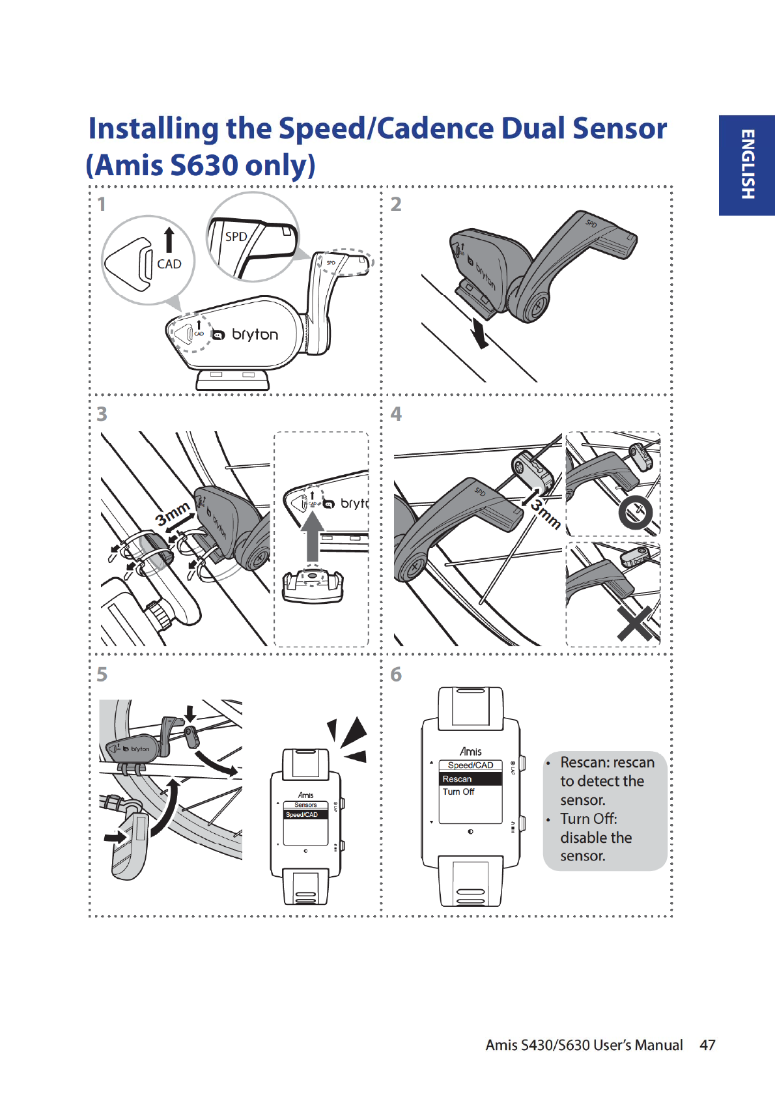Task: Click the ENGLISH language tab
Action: click(747, 165)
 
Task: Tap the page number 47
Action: click(707, 1045)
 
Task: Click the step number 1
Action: click(102, 205)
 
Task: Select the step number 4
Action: click(396, 414)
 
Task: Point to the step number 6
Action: click(396, 674)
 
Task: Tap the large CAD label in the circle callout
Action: click(169, 264)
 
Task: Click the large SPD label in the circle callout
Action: click(236, 236)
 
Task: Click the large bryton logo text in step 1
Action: click(255, 335)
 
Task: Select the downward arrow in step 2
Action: click(480, 334)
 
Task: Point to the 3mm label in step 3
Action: click(173, 513)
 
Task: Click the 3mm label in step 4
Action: click(545, 514)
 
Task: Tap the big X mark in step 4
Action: click(635, 624)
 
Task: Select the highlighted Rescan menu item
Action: click(457, 779)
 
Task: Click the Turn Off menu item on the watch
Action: click(458, 792)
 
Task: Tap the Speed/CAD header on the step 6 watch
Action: click(470, 765)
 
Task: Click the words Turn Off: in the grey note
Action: click(588, 819)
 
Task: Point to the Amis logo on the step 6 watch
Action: click(470, 752)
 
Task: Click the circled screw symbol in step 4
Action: click(635, 513)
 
